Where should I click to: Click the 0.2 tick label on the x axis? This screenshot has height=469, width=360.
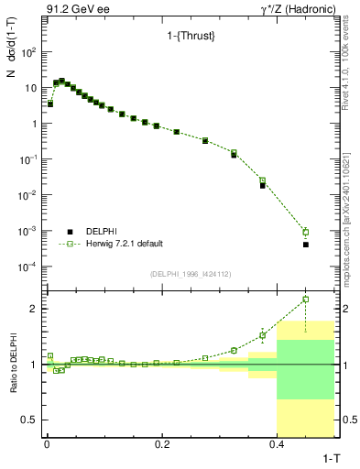point(161,443)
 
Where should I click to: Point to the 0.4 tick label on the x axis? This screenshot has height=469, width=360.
point(277,443)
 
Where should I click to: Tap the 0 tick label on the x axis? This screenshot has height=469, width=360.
point(46,443)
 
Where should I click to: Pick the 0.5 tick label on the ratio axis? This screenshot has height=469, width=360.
point(27,420)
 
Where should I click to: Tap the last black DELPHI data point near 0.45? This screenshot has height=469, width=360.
point(306,245)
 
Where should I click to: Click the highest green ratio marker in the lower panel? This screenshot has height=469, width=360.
point(306,299)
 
